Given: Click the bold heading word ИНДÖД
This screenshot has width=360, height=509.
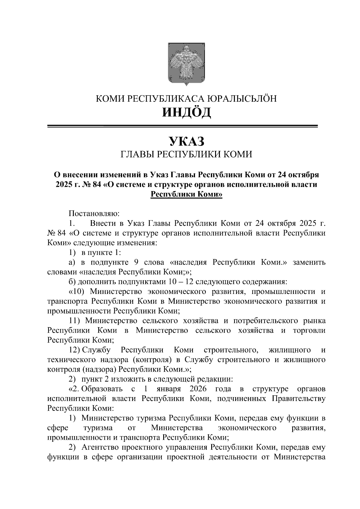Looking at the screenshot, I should [186, 112].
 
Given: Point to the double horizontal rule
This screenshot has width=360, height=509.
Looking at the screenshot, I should [182, 127].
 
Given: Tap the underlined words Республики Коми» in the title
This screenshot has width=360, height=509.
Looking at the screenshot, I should [186, 194].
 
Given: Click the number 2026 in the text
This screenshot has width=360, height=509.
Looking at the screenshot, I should [198, 389].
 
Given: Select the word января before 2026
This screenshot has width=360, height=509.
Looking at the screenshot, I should [169, 389].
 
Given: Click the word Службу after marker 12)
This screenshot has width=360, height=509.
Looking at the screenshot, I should [96, 350].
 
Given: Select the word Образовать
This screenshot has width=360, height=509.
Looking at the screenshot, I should [102, 389].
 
